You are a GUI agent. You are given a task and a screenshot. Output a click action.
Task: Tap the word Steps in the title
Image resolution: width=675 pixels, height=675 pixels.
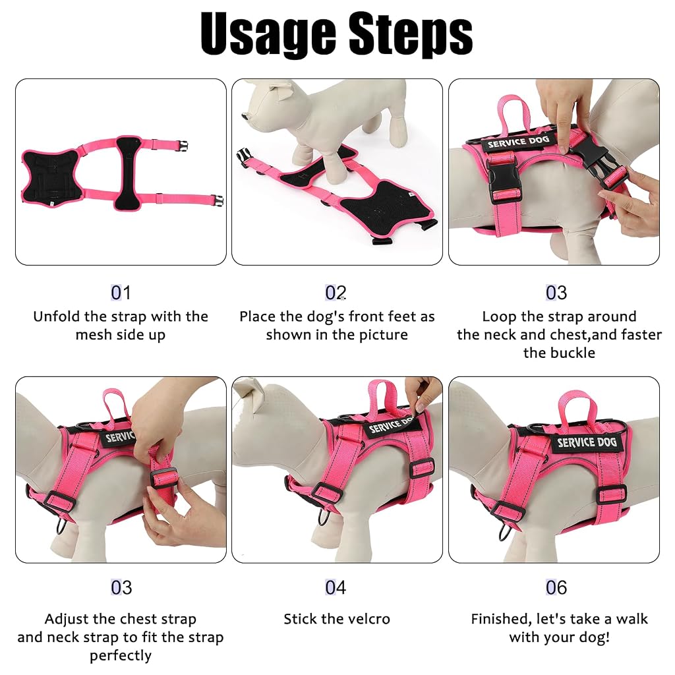411,34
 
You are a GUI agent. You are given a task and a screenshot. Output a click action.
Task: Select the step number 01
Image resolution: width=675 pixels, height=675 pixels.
121,293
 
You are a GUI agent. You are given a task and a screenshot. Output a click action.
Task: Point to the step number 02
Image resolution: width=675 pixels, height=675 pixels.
336,293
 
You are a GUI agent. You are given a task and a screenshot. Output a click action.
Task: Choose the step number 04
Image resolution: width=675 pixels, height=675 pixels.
336,587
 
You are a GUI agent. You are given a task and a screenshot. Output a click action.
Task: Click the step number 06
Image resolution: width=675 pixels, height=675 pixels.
556,587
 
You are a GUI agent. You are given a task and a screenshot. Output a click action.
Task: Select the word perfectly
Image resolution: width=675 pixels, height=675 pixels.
121,656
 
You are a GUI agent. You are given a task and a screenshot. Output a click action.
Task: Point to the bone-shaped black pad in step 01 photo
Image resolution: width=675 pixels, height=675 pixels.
129,173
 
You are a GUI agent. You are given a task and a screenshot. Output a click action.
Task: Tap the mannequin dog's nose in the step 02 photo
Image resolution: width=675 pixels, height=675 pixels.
245,116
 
